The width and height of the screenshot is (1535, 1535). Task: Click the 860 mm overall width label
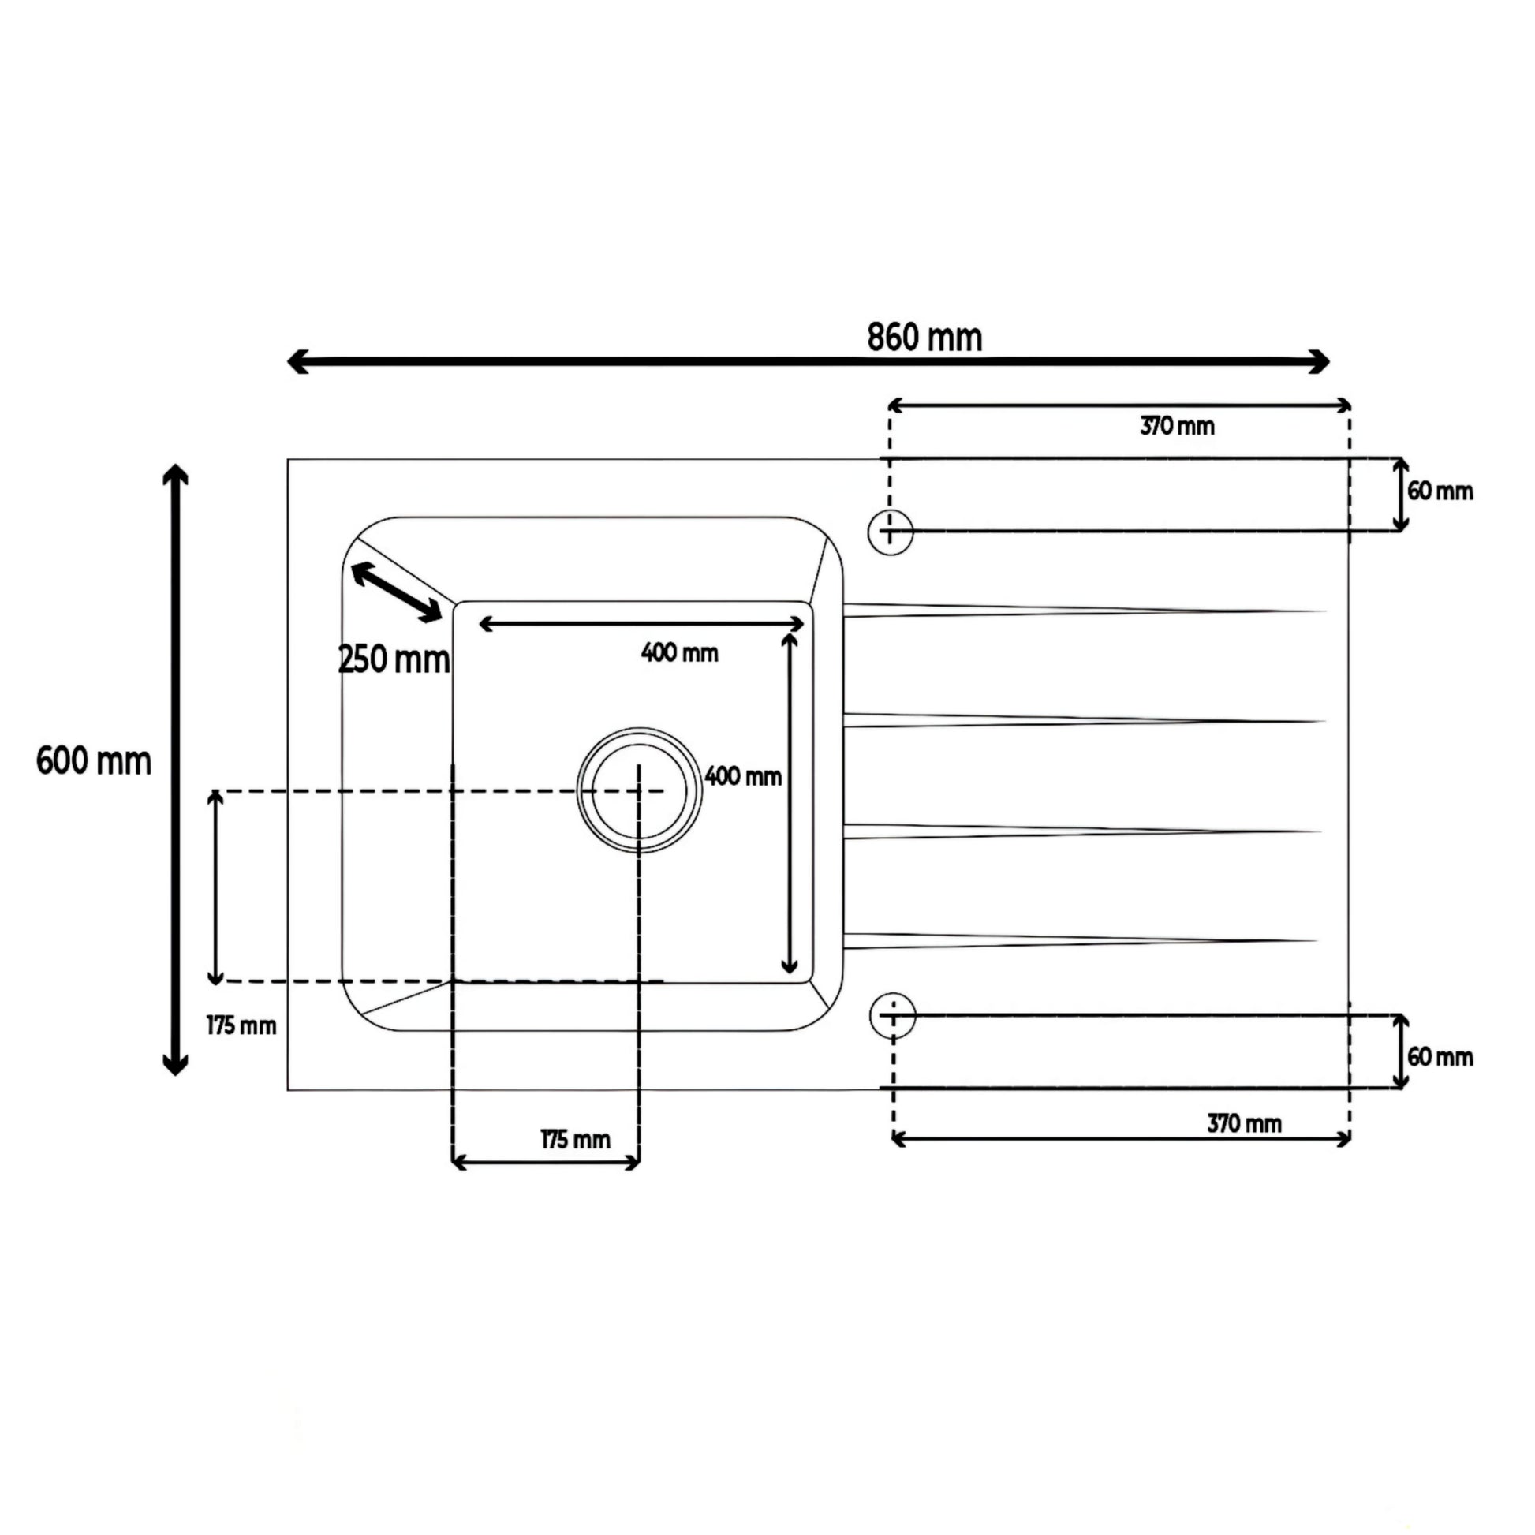tap(924, 338)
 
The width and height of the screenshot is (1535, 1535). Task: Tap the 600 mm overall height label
tap(94, 762)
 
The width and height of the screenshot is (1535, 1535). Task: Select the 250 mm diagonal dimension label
tap(394, 659)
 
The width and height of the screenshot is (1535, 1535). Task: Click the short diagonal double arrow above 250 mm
tap(396, 592)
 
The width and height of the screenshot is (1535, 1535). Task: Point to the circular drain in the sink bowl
tap(640, 790)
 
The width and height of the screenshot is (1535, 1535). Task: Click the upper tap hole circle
tap(890, 532)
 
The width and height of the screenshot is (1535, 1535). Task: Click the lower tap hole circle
tap(892, 1015)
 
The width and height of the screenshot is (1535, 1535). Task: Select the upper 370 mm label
tap(1177, 427)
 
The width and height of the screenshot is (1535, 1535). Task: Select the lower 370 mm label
tap(1244, 1124)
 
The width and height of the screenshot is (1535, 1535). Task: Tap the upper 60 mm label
tap(1440, 491)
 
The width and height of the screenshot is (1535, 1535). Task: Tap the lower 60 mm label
tap(1440, 1058)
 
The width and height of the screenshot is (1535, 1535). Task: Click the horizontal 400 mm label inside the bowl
tap(679, 653)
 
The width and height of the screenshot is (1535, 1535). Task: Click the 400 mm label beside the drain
tap(743, 776)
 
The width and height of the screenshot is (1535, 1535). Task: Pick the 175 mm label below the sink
tap(575, 1140)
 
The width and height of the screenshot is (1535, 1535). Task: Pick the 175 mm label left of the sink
tap(241, 1026)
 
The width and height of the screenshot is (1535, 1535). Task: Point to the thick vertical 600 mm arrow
tap(175, 769)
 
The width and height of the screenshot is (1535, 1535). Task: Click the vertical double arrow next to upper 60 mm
tap(1401, 495)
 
